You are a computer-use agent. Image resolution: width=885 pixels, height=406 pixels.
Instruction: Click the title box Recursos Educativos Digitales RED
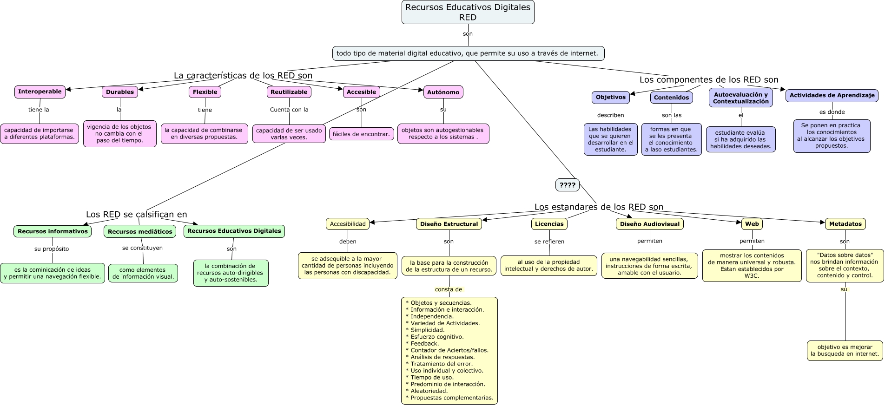468,12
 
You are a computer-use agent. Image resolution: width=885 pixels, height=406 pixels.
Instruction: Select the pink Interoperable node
40,92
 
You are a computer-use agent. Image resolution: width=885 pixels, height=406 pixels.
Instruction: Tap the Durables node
120,92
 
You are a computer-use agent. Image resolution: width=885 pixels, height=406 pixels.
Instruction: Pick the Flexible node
205,92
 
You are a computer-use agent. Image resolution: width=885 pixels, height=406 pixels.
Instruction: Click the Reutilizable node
289,92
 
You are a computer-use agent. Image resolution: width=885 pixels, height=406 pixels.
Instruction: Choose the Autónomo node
443,92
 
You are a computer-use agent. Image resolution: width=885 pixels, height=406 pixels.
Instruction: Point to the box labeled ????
567,185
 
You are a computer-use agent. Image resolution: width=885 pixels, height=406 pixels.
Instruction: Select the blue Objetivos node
610,98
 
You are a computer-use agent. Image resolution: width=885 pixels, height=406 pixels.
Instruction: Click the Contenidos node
671,98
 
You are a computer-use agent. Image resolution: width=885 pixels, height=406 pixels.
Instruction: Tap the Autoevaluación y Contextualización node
740,98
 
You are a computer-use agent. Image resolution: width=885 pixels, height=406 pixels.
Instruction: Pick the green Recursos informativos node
53,231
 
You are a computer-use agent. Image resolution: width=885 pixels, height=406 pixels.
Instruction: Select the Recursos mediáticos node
140,231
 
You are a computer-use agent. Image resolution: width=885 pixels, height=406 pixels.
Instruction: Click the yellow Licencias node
549,224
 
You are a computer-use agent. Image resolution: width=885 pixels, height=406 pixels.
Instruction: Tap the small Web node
752,224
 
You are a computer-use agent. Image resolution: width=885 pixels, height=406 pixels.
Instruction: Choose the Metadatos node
845,224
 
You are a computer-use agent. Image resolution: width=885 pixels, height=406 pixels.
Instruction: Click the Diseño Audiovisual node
649,224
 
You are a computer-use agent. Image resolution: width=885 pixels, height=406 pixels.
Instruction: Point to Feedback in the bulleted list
424,344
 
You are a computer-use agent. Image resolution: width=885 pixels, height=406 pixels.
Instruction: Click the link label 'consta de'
449,289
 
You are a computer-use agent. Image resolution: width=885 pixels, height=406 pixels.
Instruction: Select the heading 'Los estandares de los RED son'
599,207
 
